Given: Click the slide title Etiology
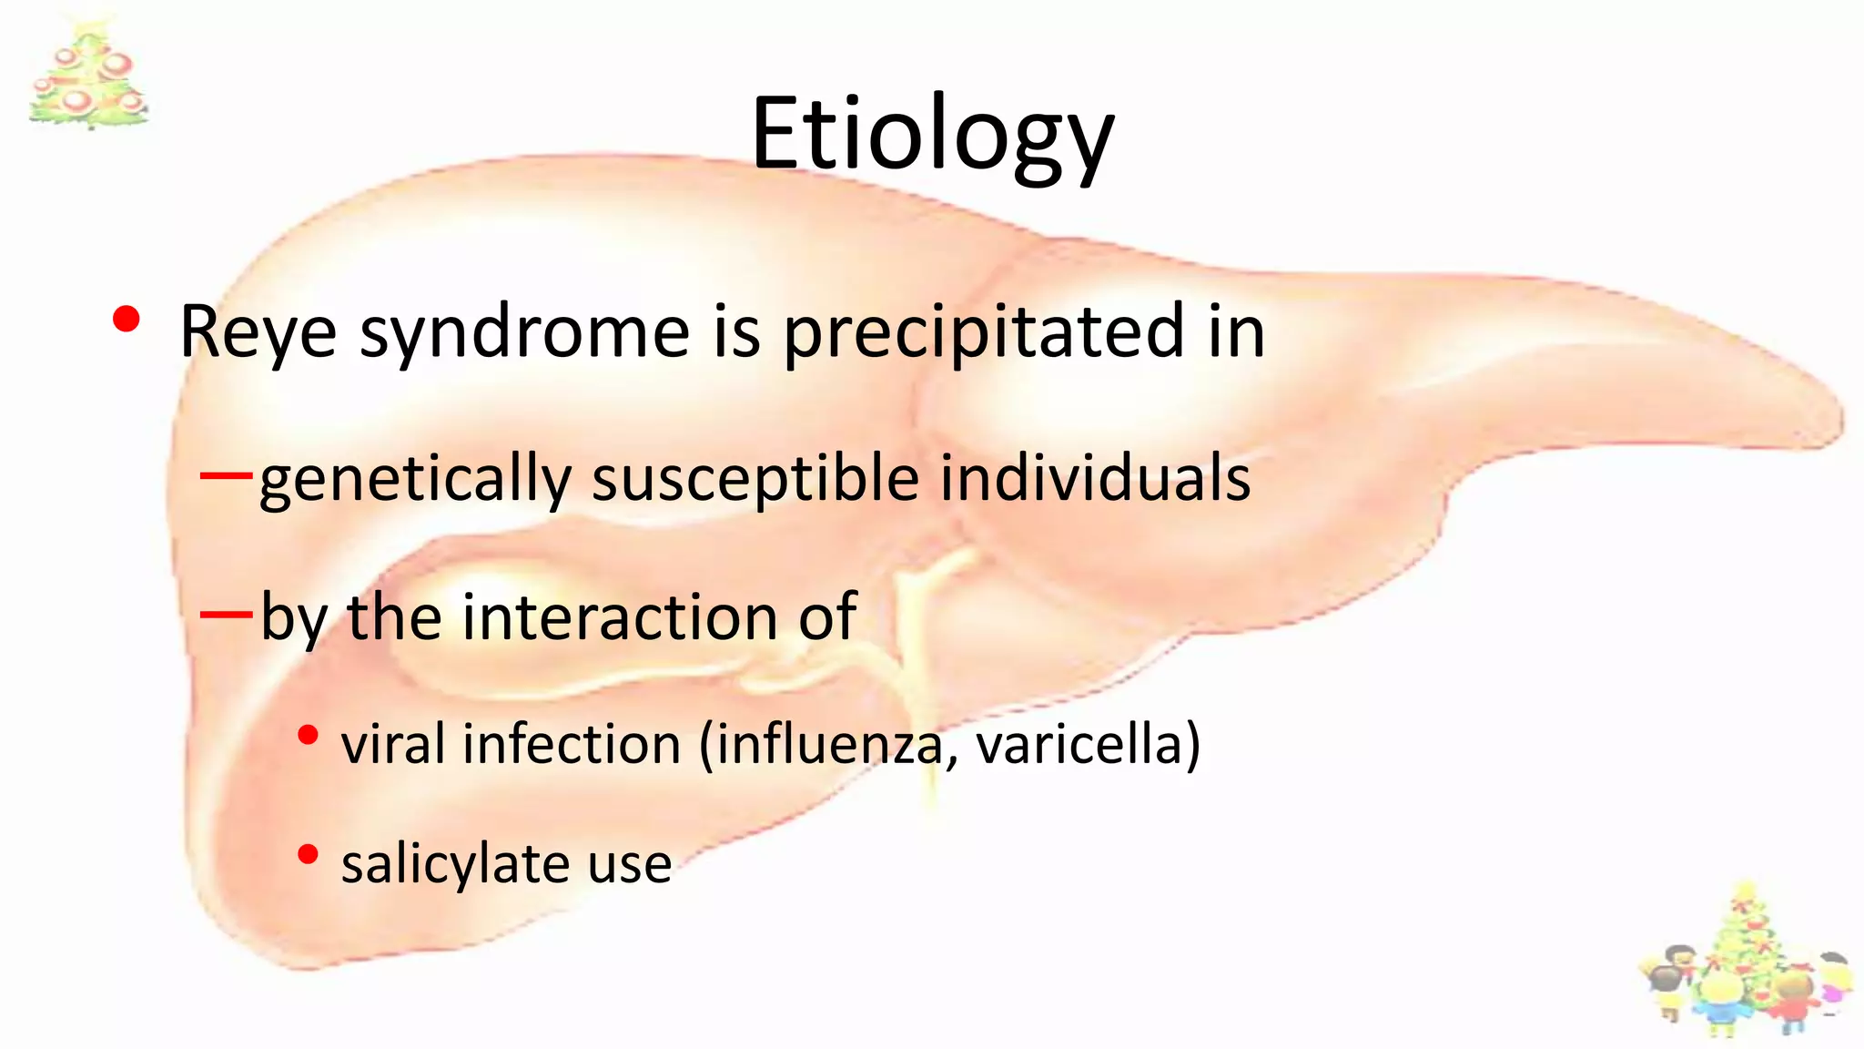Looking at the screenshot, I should [932, 135].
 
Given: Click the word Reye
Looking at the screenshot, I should [258, 331].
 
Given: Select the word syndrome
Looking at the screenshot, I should [525, 331].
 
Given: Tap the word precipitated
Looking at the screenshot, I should [984, 331].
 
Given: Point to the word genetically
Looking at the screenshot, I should [414, 480].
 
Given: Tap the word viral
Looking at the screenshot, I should [394, 744].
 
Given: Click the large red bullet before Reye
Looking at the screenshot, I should [127, 320].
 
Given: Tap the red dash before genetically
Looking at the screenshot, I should [226, 474].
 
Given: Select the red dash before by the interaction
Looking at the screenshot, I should [226, 615].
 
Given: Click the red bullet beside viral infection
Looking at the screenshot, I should [309, 735].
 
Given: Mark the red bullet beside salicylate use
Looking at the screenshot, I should [309, 854].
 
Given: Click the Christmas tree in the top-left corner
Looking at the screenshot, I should [88, 75].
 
